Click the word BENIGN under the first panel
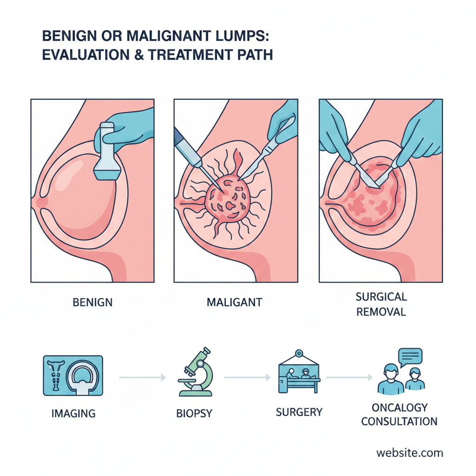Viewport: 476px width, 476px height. [93, 302]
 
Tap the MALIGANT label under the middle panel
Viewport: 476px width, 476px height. [234, 302]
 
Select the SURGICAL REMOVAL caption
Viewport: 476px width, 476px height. [381, 304]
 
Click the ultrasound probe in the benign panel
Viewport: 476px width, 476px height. [108, 153]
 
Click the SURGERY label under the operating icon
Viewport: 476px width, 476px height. [299, 412]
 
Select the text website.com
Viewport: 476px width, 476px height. [410, 453]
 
